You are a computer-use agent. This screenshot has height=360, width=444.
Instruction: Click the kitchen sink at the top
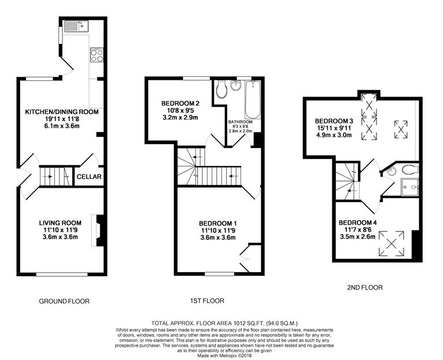pos(75,25)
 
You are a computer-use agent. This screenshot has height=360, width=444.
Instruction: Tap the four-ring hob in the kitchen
pos(97,56)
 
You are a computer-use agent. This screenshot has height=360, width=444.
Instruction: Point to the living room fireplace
pos(99,231)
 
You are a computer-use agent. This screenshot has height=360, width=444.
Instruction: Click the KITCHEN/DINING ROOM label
pos(61,112)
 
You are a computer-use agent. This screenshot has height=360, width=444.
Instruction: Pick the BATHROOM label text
pos(240,122)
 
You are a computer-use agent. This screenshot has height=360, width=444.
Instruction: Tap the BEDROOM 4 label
pos(357,222)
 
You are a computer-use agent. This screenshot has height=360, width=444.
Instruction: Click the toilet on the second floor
pos(409,170)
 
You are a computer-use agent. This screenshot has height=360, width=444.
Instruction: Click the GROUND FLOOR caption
pos(64,301)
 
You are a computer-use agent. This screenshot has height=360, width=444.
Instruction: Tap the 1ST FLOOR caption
pos(208,300)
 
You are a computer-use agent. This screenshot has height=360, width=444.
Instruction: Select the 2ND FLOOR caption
pos(364,287)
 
